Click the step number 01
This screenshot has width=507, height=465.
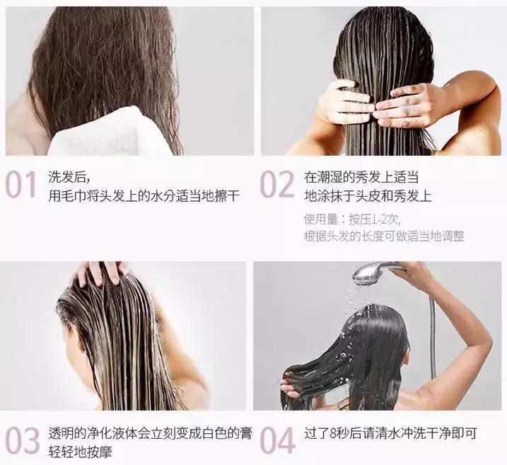pos(21,185)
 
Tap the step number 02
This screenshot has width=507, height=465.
pos(276,185)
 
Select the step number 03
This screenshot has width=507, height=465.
pos(22,442)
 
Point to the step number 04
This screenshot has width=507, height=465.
pos(276,442)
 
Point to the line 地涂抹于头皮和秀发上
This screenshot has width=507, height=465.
pos(367,195)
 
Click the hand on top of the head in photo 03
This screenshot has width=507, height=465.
pos(100,272)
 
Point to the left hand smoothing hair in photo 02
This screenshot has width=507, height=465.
pos(342,103)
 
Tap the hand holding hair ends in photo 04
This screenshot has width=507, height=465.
pos(292,386)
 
